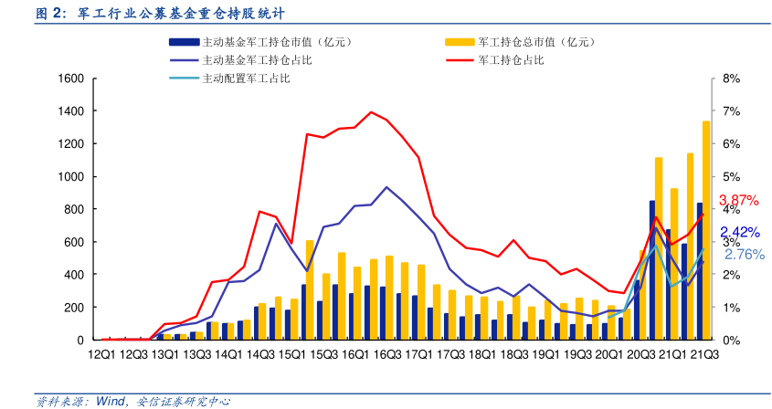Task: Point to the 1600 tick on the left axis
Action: tap(71, 79)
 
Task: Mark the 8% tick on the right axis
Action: tap(730, 79)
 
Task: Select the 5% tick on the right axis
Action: tap(730, 176)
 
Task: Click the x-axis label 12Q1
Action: tap(102, 353)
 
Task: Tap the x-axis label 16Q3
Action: tap(387, 353)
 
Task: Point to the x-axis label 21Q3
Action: tap(703, 353)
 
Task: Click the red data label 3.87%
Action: tap(739, 200)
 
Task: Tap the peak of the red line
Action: tap(371, 112)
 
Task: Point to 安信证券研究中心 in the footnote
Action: tap(183, 400)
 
